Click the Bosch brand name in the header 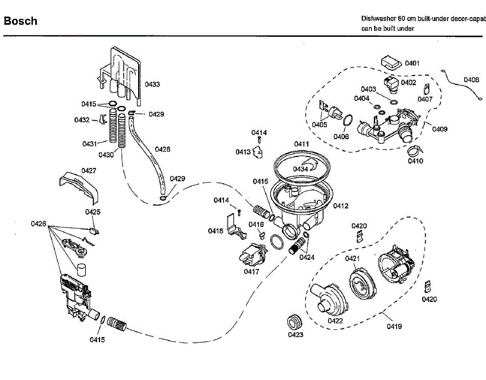coord(20,21)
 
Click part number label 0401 coord(412,63)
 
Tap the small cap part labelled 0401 coord(390,63)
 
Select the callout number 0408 coord(471,80)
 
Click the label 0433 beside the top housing coord(152,85)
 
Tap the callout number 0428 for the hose coord(162,149)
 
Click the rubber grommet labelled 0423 coord(294,322)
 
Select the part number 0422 coord(335,321)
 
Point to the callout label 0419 coord(394,326)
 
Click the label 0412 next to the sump coord(341,206)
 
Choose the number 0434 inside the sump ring coord(301,169)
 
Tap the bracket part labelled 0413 coord(257,152)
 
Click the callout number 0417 coord(251,272)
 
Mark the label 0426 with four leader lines coord(39,223)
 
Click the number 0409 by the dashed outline coord(439,129)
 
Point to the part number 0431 coord(90,144)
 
